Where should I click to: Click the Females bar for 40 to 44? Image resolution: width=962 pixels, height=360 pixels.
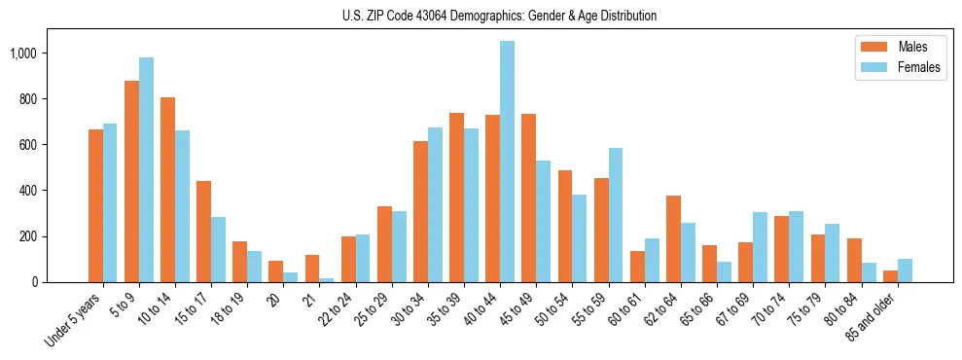507,162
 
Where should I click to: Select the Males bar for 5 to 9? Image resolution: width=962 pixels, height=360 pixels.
131,181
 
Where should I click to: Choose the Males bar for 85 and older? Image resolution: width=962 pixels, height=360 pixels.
890,276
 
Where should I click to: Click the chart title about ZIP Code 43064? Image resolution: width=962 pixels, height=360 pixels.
499,16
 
